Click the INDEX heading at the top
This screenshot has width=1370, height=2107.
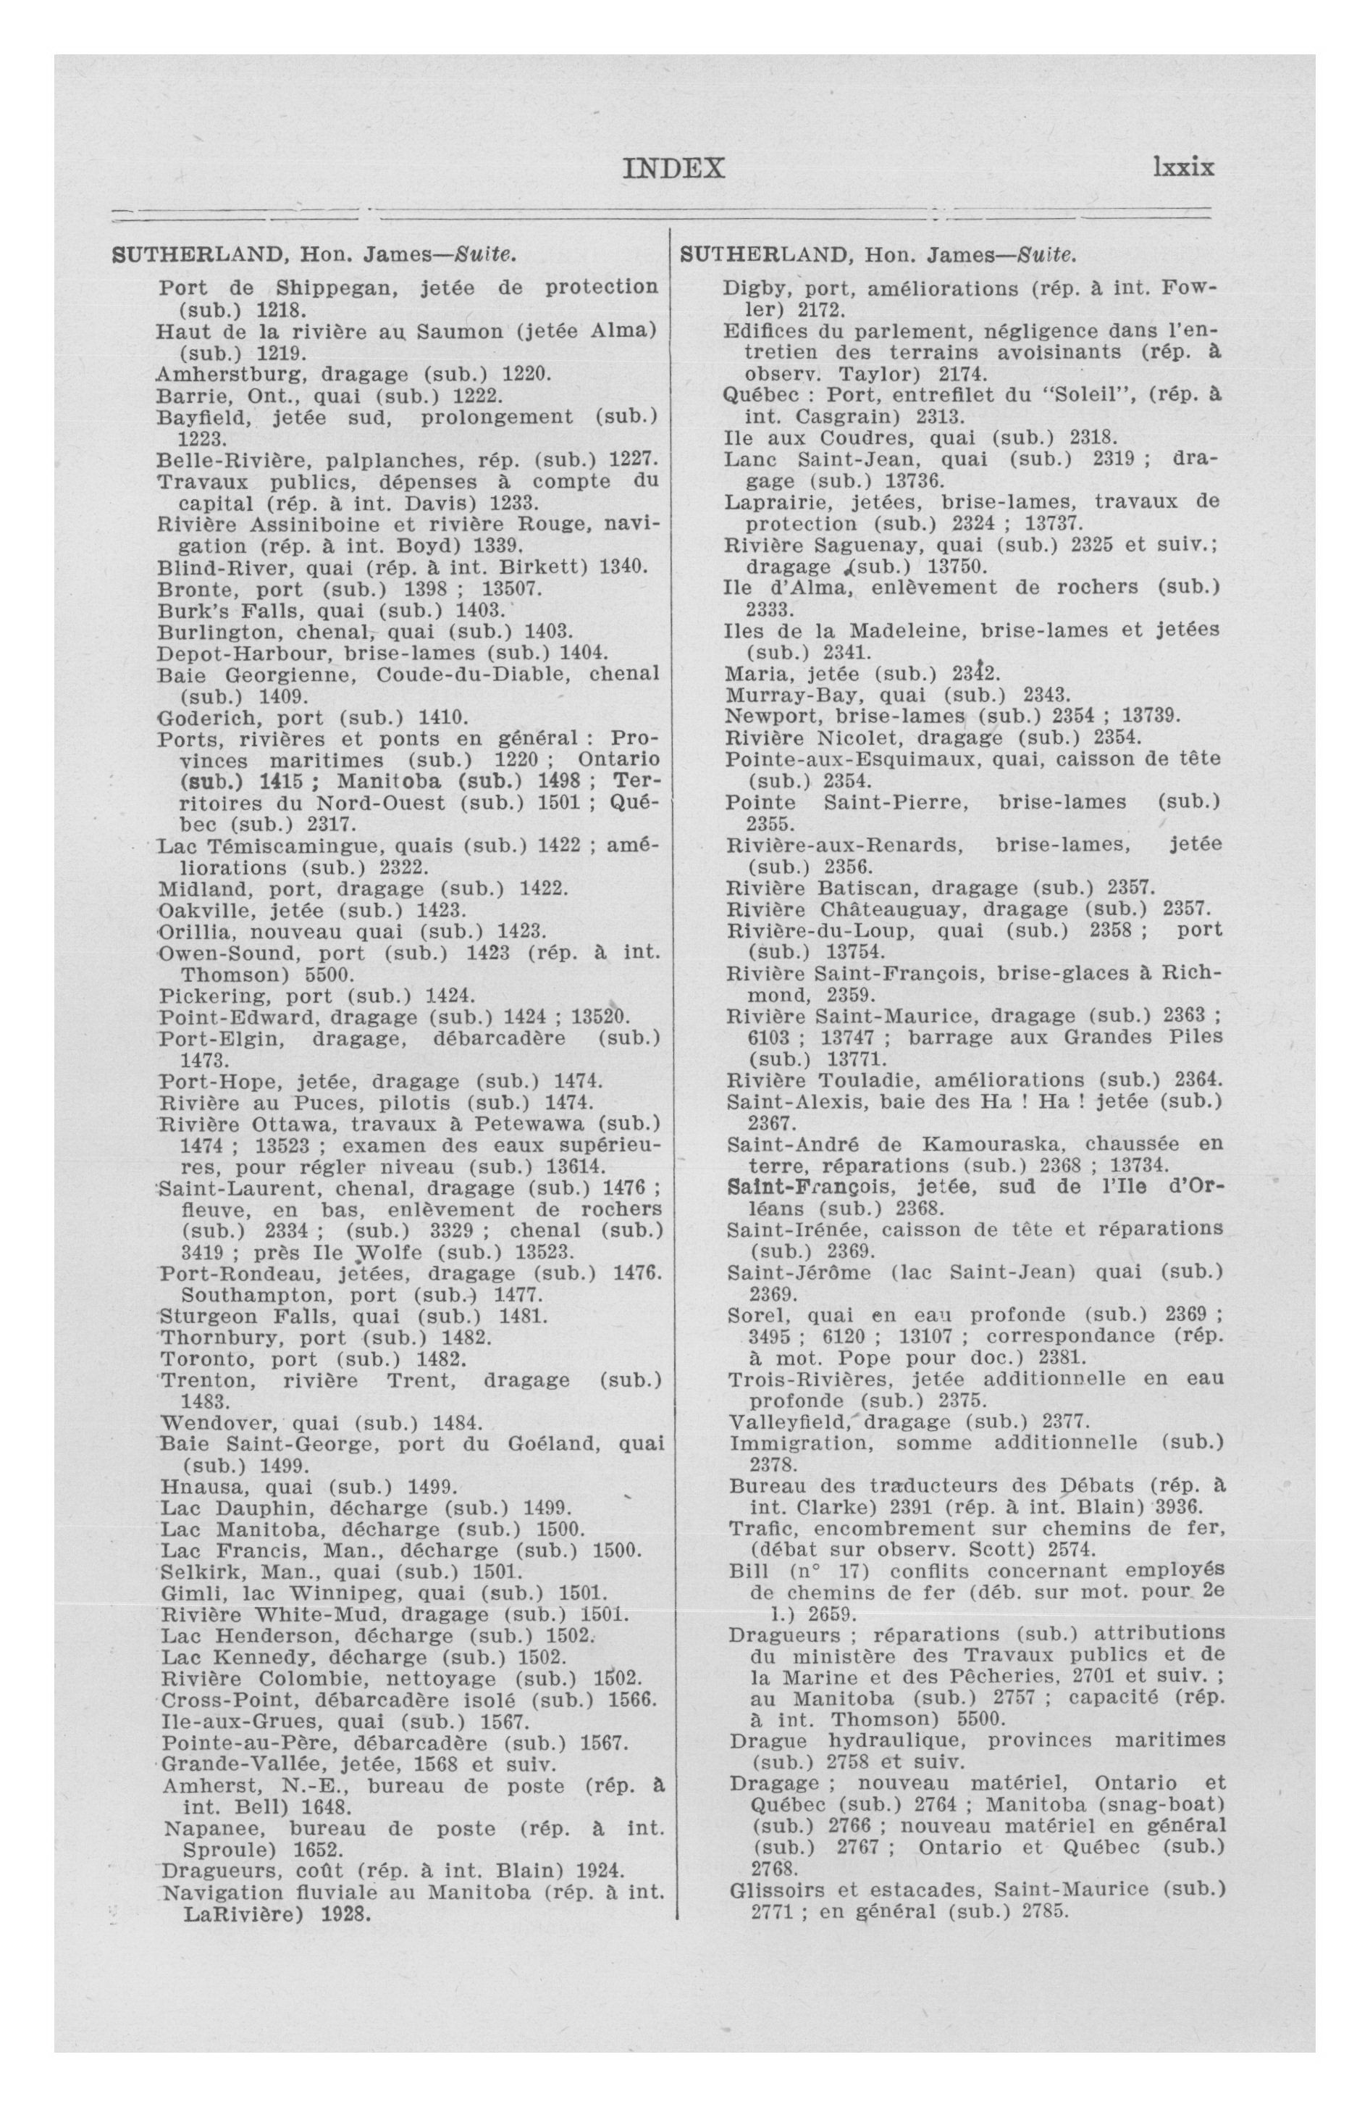pos(673,168)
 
